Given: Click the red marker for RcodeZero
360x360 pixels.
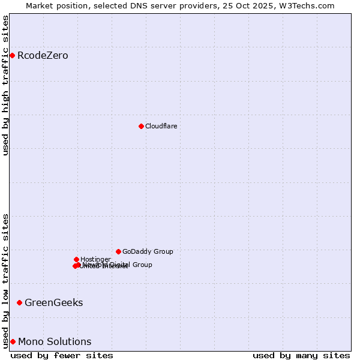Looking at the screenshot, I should tap(12, 56).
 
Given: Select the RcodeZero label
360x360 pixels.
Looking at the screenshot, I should tap(43, 56).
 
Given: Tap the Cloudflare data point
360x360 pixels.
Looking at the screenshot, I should tap(141, 126).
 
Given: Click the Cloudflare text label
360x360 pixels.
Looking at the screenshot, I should tap(161, 126).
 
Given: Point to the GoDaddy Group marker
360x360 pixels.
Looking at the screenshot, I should tap(118, 251).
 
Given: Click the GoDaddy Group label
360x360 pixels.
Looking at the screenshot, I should tap(148, 251).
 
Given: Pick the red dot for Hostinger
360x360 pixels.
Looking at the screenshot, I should tap(76, 259).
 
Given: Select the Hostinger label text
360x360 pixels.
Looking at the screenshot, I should tap(95, 259).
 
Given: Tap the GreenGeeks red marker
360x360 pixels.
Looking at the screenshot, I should tap(19, 302).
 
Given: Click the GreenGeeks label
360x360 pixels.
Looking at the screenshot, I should tap(53, 302).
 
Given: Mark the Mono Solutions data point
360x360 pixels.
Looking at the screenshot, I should tap(13, 341).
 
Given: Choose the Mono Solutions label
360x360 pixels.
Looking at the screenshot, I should tap(55, 341).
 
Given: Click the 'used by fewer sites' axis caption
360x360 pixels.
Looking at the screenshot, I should tap(62, 355).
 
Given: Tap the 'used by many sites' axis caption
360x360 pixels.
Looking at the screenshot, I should tap(301, 355).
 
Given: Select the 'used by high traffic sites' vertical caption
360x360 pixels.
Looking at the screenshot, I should tap(5, 85).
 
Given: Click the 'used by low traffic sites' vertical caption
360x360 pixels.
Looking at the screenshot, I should tap(5, 280).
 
